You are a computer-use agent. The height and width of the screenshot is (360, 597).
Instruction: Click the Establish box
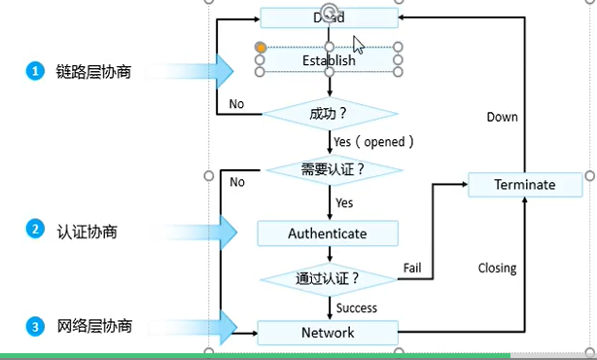(x=329, y=60)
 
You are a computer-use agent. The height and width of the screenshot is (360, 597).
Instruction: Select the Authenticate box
(x=328, y=234)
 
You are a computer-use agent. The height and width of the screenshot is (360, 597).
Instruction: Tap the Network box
(x=328, y=332)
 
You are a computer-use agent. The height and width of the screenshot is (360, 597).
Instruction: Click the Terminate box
(x=525, y=185)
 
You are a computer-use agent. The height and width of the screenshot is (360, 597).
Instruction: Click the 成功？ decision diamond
(x=329, y=114)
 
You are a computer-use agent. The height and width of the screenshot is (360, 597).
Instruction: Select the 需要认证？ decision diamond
(x=334, y=170)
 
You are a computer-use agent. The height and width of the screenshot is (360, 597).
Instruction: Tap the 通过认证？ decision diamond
(x=329, y=278)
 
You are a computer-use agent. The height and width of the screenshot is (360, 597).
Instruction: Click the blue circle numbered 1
(x=35, y=70)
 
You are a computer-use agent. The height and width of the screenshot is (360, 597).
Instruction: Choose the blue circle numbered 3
(x=35, y=327)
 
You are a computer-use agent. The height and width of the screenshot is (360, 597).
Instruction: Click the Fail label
(x=412, y=267)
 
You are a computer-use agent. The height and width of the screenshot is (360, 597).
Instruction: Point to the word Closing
(x=497, y=268)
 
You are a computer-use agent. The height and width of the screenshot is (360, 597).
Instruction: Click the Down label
(x=502, y=117)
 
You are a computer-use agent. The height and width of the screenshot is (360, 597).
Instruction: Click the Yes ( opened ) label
(x=373, y=142)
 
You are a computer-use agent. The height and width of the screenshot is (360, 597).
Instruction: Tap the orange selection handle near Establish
(x=261, y=46)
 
